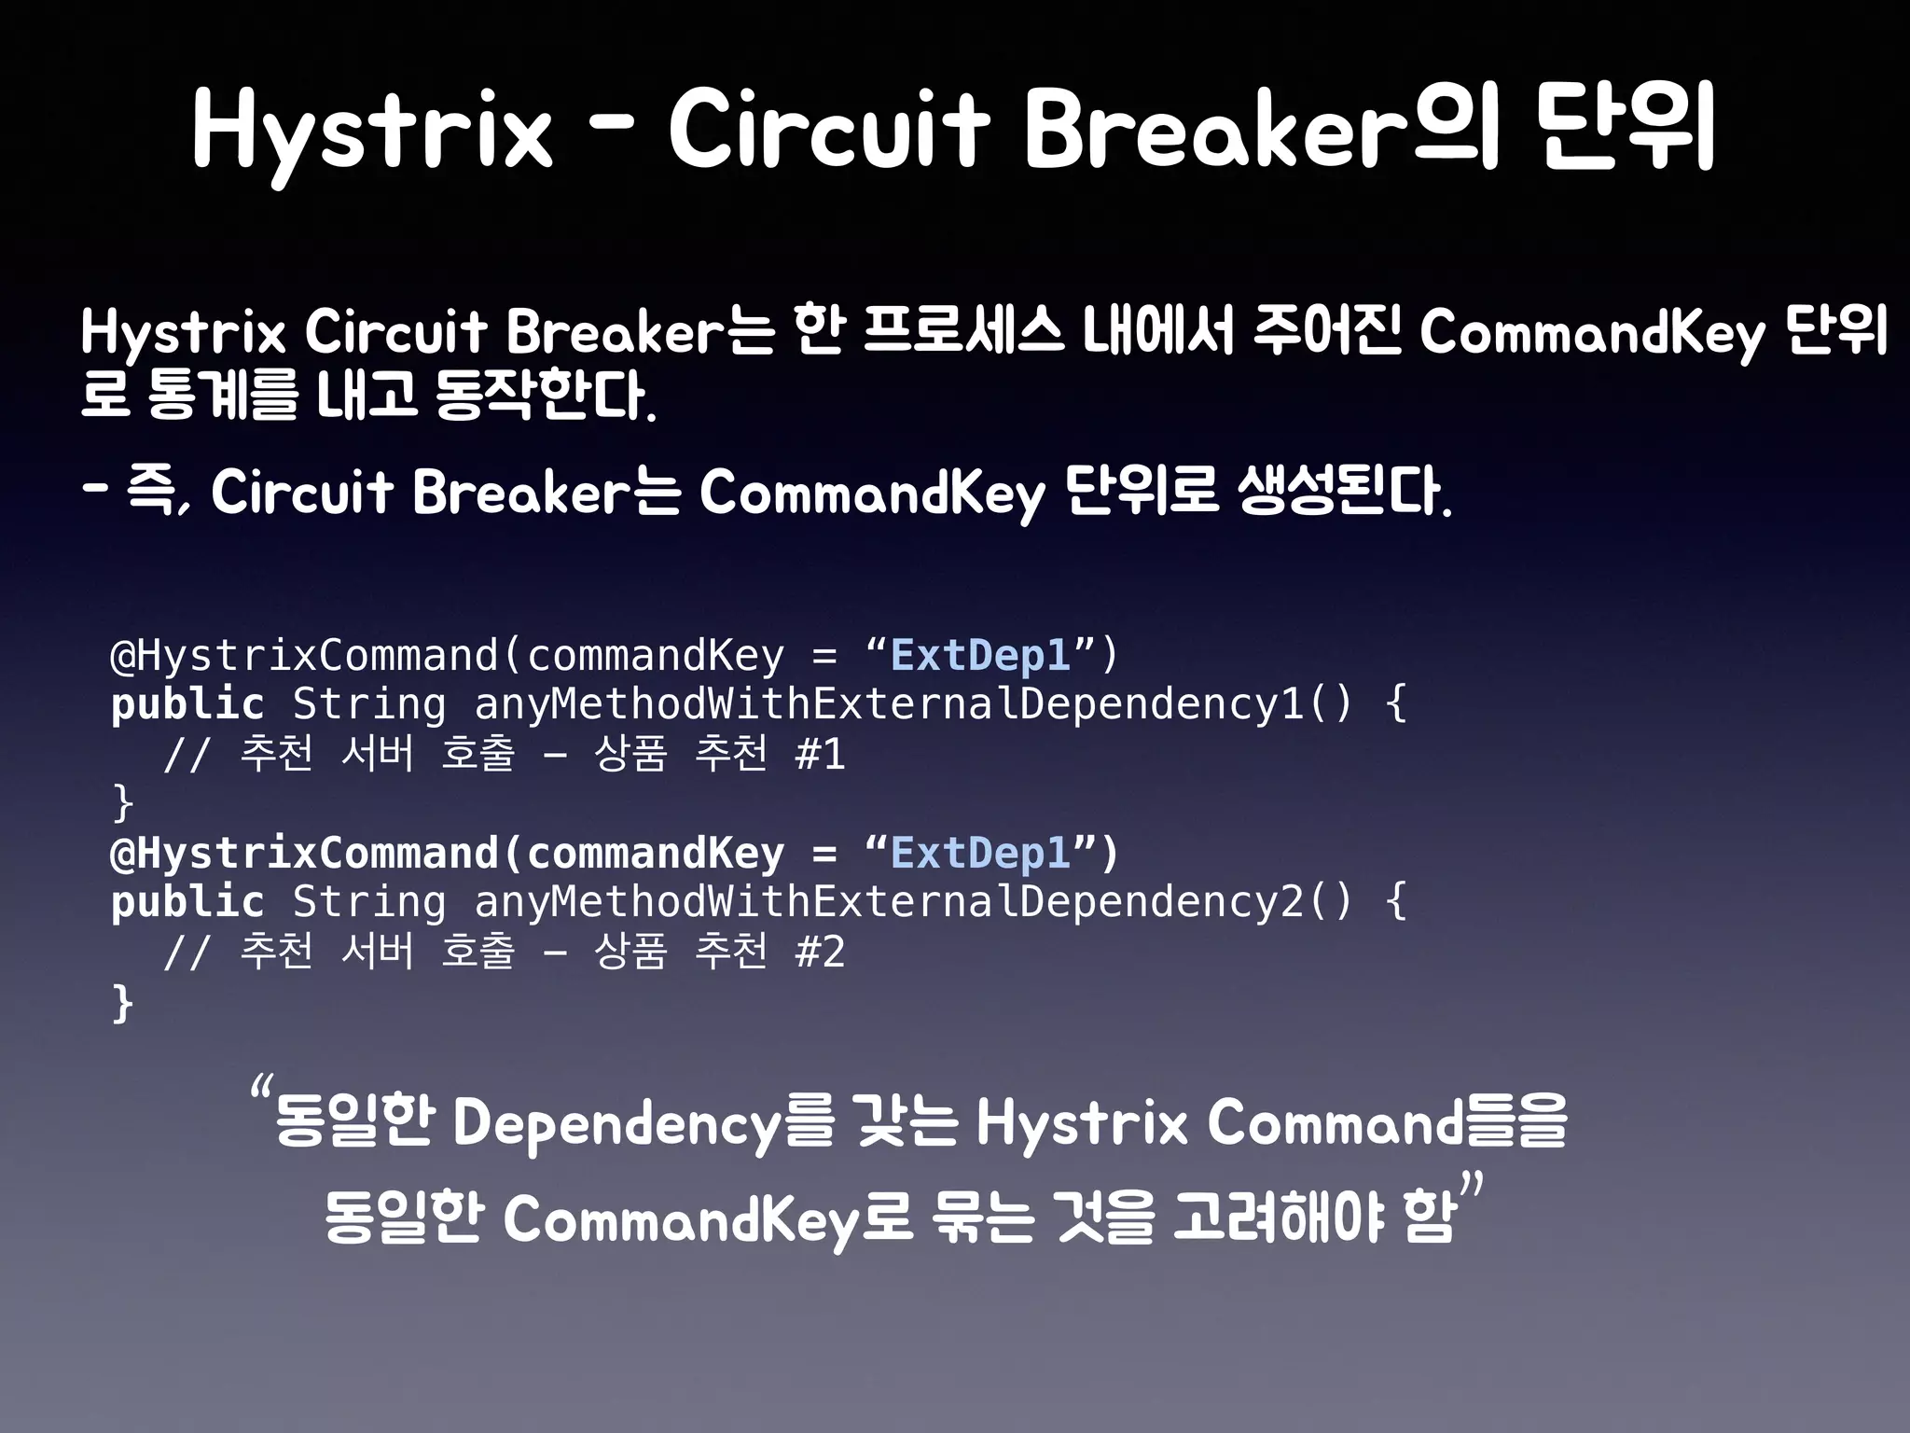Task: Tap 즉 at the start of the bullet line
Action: click(x=154, y=492)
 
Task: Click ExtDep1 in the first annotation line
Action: click(x=980, y=655)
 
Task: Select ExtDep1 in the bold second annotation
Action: click(x=980, y=853)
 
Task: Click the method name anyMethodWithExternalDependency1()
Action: click(x=912, y=704)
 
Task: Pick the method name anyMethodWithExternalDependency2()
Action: click(x=912, y=902)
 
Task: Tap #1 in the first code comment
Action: click(x=820, y=754)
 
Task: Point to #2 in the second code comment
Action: click(x=820, y=953)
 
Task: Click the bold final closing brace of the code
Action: click(x=122, y=1003)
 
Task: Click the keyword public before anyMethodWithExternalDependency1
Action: click(x=187, y=704)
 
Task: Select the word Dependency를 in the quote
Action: click(x=643, y=1123)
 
